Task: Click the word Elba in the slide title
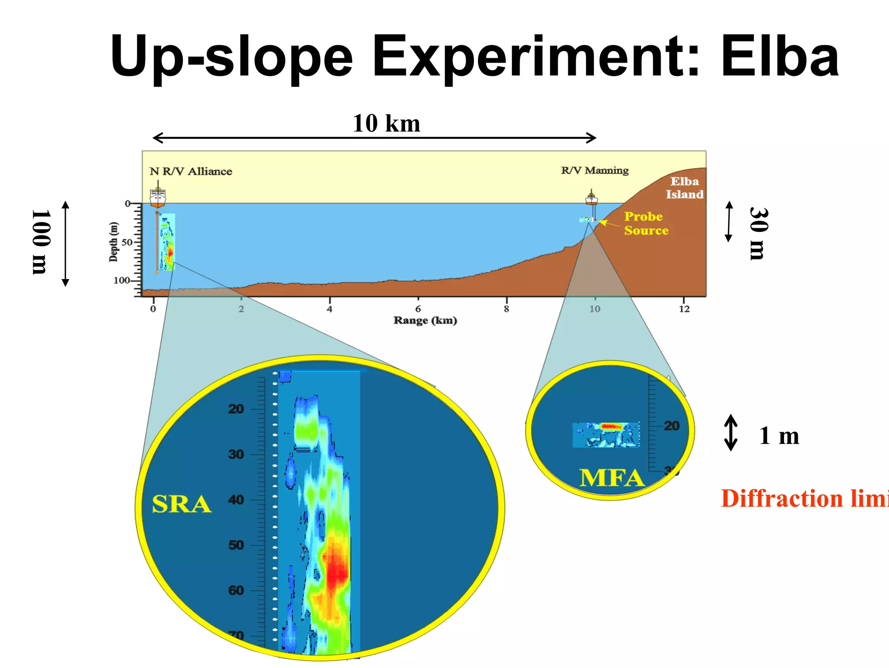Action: pyautogui.click(x=780, y=57)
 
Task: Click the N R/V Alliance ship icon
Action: pyautogui.click(x=158, y=197)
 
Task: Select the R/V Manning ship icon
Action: pyautogui.click(x=591, y=198)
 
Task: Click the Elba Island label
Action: pyautogui.click(x=685, y=188)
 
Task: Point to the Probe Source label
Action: pyautogui.click(x=645, y=224)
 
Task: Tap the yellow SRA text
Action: pyautogui.click(x=181, y=504)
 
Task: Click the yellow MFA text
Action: pyautogui.click(x=612, y=478)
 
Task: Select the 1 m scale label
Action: pyautogui.click(x=779, y=436)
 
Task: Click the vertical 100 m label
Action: pyautogui.click(x=42, y=242)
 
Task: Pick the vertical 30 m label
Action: pyautogui.click(x=759, y=234)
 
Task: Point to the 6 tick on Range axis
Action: pyautogui.click(x=418, y=309)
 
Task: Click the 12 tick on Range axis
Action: pyautogui.click(x=684, y=309)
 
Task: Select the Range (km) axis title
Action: pyautogui.click(x=425, y=321)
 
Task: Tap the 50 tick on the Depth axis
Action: pyautogui.click(x=127, y=242)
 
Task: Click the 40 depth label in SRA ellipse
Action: pyautogui.click(x=236, y=500)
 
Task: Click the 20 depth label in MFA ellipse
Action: pyautogui.click(x=672, y=426)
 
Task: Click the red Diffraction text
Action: pyautogui.click(x=781, y=498)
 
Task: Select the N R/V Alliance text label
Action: pyautogui.click(x=191, y=171)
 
